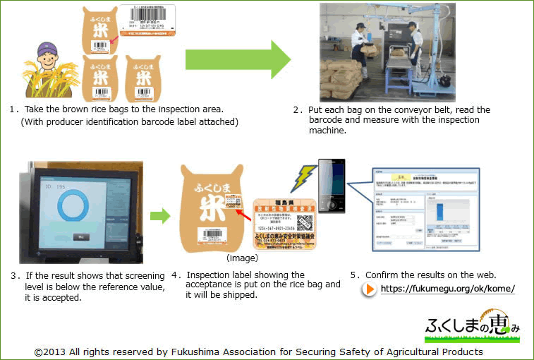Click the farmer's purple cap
coord(44,49)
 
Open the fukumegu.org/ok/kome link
coord(447,289)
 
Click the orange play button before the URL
coord(369,289)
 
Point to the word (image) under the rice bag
coord(241,259)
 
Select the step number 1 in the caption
coord(13,109)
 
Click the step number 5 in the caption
coord(354,275)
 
